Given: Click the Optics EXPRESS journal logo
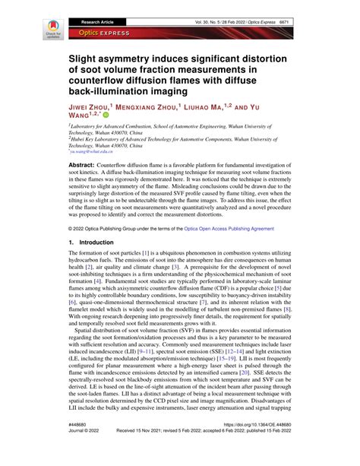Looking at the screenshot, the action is (95, 34).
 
